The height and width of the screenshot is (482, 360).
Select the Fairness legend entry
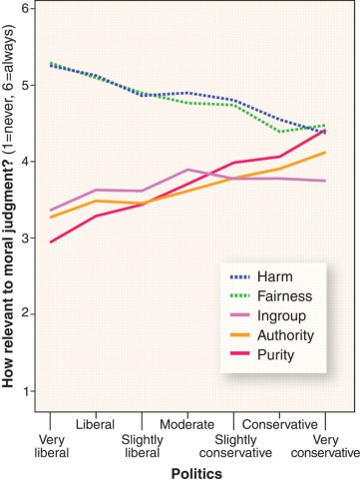[x=290, y=296]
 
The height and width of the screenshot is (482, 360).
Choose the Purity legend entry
[x=284, y=353]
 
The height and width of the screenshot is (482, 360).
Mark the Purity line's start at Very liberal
[x=50, y=241]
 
